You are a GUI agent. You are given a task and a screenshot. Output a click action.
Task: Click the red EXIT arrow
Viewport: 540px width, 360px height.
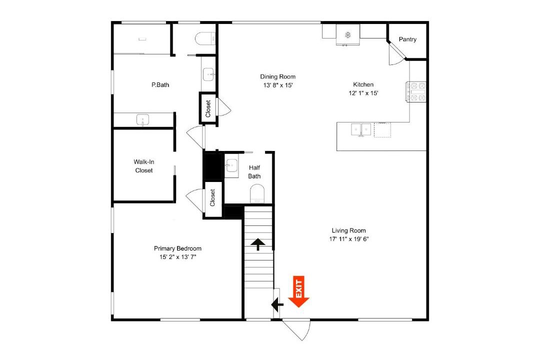(x=298, y=291)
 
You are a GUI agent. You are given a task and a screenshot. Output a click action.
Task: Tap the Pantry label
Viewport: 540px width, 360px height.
(x=407, y=39)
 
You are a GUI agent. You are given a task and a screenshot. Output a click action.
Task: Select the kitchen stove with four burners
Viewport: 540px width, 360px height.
(x=416, y=91)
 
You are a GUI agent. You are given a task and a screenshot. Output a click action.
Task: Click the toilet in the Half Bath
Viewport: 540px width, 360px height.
(x=257, y=193)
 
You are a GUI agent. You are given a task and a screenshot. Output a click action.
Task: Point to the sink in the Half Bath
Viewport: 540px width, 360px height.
(x=232, y=166)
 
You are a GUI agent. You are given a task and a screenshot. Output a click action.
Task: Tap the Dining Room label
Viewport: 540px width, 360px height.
(x=277, y=76)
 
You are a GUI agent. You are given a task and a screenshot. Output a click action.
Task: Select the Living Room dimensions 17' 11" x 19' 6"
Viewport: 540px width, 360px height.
(x=349, y=239)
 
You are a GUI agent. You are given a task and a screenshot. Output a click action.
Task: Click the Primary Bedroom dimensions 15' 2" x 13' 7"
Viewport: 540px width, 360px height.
(x=177, y=257)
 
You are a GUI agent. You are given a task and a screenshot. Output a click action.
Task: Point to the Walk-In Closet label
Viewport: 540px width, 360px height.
(x=144, y=166)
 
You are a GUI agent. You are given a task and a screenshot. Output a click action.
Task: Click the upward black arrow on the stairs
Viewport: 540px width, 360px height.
(x=258, y=244)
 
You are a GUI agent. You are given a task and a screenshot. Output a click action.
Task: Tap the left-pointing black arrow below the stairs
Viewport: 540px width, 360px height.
(x=277, y=304)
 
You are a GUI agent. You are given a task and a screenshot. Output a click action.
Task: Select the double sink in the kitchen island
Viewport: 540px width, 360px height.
(x=361, y=129)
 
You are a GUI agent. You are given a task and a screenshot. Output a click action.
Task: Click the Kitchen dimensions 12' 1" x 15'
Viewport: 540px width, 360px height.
(x=363, y=93)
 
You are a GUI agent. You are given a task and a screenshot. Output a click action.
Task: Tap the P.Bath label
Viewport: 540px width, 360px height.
(x=160, y=84)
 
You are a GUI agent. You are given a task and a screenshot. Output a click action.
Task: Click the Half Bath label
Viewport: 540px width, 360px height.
(x=254, y=172)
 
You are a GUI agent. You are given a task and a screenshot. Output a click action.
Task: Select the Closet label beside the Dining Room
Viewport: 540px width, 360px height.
(x=208, y=108)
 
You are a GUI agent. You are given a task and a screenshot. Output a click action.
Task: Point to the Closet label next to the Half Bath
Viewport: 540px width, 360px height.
(x=212, y=197)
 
